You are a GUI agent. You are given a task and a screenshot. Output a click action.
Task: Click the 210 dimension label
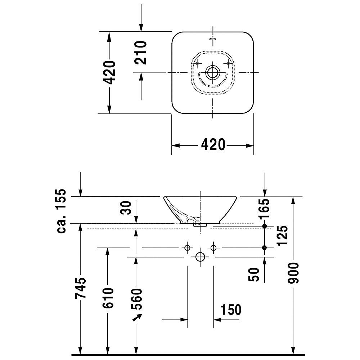[140, 53]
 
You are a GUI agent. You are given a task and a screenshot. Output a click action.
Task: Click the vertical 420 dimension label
[109, 73]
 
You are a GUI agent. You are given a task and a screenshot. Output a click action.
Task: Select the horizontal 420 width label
[213, 145]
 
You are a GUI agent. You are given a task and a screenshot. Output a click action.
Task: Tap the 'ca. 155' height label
[61, 211]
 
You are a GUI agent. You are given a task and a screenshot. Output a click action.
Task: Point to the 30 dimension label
[126, 208]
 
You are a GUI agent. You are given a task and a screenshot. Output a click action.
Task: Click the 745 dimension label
[80, 288]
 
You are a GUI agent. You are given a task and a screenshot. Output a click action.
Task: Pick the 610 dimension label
[108, 298]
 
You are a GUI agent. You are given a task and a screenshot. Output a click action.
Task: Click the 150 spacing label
[231, 309]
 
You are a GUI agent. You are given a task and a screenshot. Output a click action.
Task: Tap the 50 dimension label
[254, 274]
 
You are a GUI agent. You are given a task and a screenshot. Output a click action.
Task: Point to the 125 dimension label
[282, 236]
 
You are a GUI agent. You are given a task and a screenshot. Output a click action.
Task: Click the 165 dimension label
[264, 209]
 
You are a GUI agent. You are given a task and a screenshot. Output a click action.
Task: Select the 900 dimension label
[293, 273]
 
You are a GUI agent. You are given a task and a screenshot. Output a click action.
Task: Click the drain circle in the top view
[213, 73]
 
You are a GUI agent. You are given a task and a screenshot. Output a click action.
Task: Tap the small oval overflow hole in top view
[213, 39]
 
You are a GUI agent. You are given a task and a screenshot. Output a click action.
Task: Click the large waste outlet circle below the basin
[200, 257]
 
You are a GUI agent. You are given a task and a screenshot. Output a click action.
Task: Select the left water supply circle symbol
[187, 248]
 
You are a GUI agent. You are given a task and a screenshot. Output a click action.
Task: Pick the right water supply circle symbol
[213, 248]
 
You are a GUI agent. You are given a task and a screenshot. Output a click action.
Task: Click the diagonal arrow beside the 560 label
[137, 318]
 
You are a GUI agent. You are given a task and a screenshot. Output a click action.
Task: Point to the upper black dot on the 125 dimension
[265, 226]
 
